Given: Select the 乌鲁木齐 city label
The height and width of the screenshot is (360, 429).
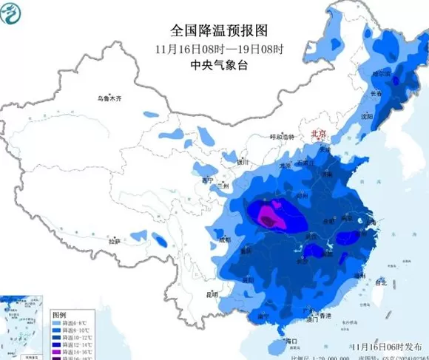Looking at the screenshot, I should pyautogui.click(x=109, y=98).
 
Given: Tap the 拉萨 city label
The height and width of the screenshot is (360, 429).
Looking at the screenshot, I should pyautogui.click(x=113, y=241).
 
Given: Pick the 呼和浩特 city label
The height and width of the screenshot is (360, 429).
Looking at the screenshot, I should pyautogui.click(x=281, y=137).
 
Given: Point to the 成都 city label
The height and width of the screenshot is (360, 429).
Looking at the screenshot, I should pyautogui.click(x=225, y=240).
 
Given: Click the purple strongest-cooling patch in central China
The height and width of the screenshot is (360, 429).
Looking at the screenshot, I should pyautogui.click(x=268, y=216).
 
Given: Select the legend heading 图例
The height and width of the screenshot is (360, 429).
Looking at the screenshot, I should pyautogui.click(x=59, y=313).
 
